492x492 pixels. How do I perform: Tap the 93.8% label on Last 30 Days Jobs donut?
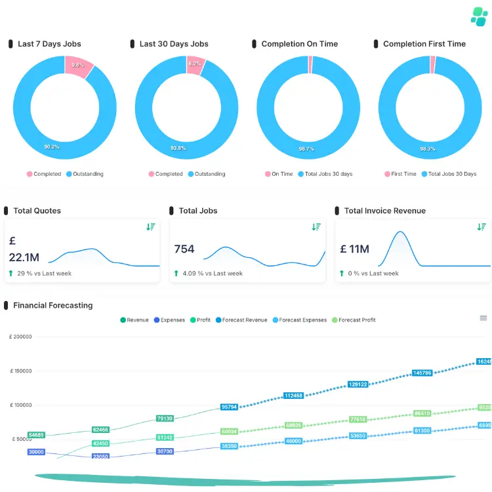pyautogui.click(x=178, y=148)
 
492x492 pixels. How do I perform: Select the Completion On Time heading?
pyautogui.click(x=299, y=44)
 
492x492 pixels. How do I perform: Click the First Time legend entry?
pyautogui.click(x=400, y=174)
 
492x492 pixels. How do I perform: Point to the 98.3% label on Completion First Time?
pyautogui.click(x=428, y=149)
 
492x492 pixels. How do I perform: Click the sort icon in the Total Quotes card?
pyautogui.click(x=151, y=227)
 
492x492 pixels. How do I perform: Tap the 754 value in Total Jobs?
pyautogui.click(x=184, y=249)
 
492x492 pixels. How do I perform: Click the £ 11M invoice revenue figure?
pyautogui.click(x=354, y=249)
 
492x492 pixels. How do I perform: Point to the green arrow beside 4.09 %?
pyautogui.click(x=176, y=274)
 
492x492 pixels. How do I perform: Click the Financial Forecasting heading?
pyautogui.click(x=52, y=305)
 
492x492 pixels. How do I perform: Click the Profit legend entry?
pyautogui.click(x=200, y=320)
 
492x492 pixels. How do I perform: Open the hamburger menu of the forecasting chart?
pyautogui.click(x=483, y=318)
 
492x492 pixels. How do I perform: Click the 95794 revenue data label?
pyautogui.click(x=229, y=407)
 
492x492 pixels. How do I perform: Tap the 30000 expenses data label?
pyautogui.click(x=36, y=452)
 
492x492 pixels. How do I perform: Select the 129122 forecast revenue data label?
pyautogui.click(x=358, y=384)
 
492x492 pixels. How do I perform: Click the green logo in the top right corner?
pyautogui.click(x=479, y=16)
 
